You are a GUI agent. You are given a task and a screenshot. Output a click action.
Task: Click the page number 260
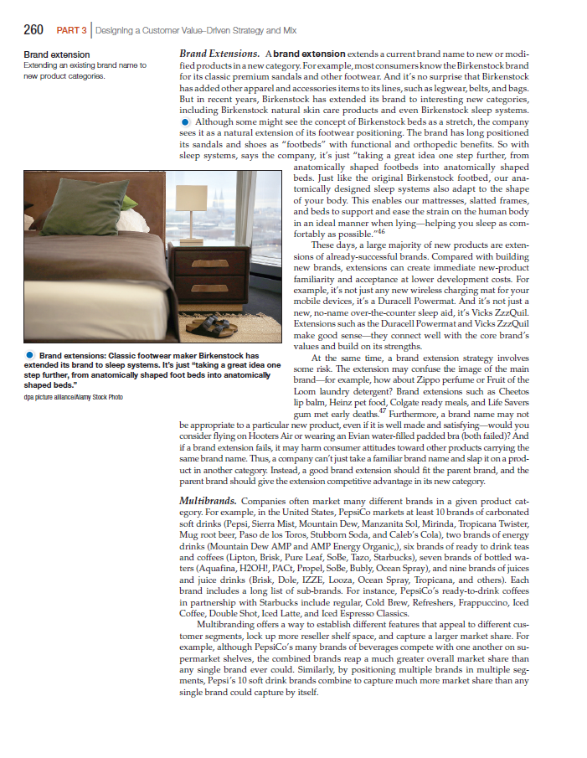click(33, 31)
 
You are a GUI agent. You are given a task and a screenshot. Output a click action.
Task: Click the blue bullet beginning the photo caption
click(28, 356)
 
